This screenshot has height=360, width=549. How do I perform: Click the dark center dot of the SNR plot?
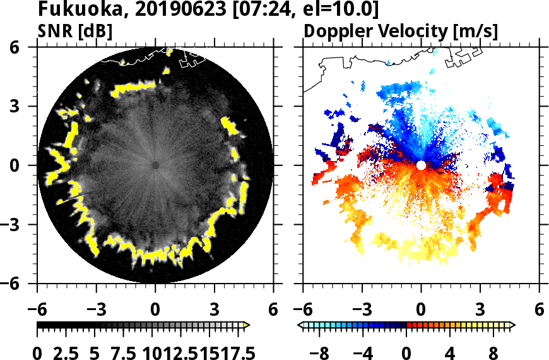coord(155,165)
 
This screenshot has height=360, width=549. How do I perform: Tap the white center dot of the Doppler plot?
coord(421,165)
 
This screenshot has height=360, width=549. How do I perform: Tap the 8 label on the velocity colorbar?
coord(494,351)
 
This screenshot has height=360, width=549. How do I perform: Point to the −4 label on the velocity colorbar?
coord(363,351)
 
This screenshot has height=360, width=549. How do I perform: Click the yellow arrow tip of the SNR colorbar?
coord(247,325)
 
